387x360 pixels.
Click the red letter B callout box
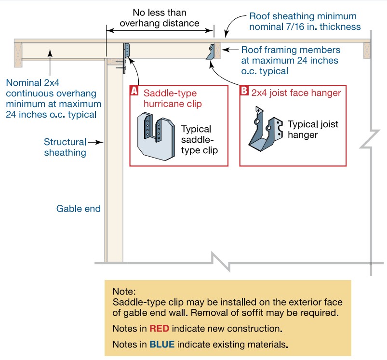click(x=244, y=90)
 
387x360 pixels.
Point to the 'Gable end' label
click(x=78, y=209)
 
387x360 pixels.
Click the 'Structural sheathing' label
click(x=65, y=147)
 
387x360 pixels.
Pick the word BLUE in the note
click(x=162, y=345)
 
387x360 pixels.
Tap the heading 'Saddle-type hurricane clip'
click(x=171, y=98)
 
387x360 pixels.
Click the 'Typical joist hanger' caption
click(x=313, y=130)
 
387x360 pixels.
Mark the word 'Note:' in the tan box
click(x=124, y=292)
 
